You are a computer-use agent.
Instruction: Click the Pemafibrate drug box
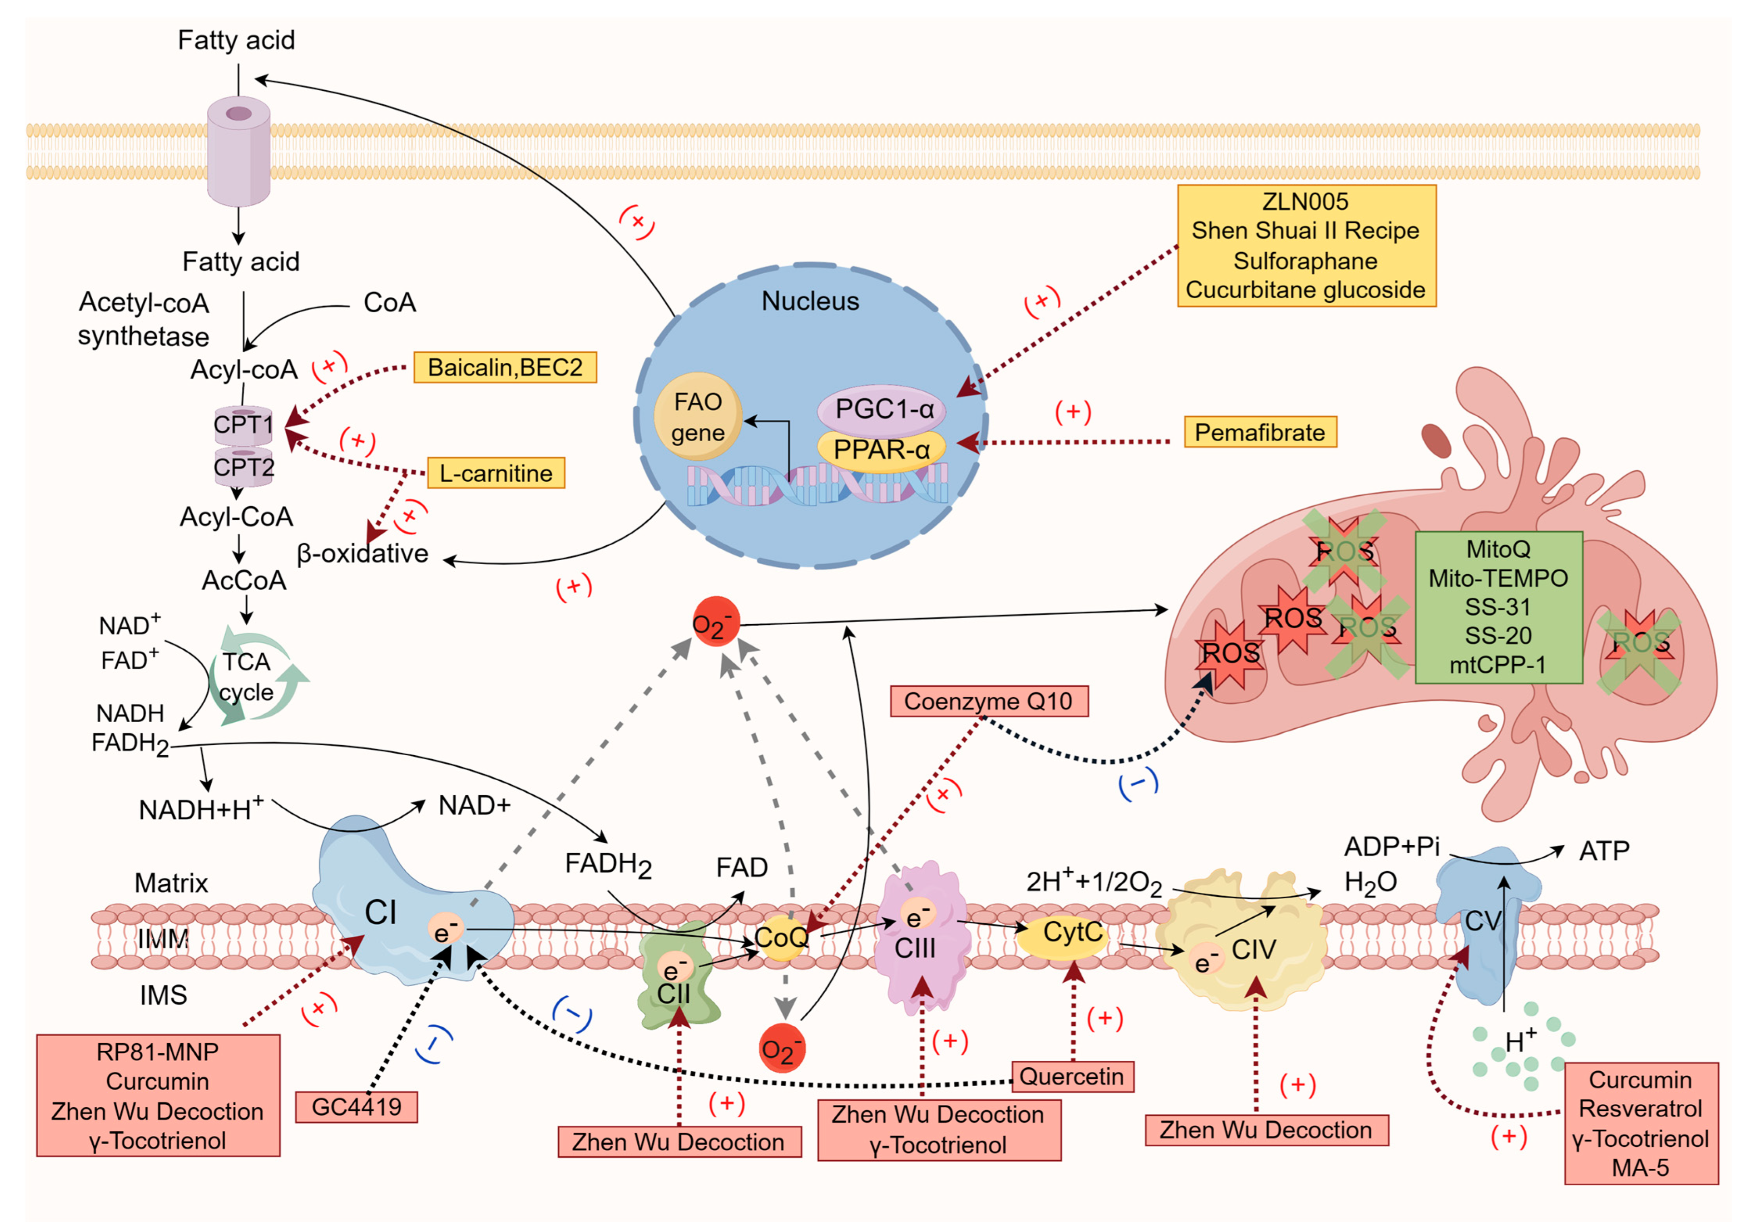click(x=1260, y=432)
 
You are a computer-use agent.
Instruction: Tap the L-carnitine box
click(x=496, y=473)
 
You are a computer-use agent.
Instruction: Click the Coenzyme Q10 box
click(x=989, y=701)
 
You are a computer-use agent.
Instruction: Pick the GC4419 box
click(x=356, y=1107)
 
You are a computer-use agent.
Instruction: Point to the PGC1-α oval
click(x=882, y=409)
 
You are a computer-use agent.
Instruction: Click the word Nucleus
click(x=811, y=301)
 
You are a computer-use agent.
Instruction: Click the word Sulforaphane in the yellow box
click(x=1306, y=260)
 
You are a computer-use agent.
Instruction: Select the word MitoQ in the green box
click(x=1497, y=549)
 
